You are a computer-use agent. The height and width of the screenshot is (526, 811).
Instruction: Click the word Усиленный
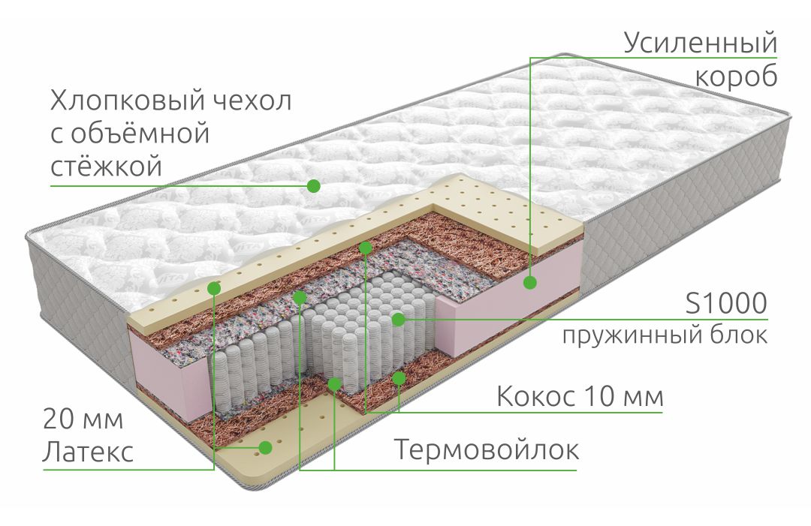click(x=701, y=43)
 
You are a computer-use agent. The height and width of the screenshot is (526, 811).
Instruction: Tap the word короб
click(x=736, y=77)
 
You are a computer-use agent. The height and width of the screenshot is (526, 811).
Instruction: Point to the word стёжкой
click(x=106, y=167)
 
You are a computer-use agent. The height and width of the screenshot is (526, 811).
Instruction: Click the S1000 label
click(x=726, y=303)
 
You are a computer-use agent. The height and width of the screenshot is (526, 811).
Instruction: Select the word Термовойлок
click(x=487, y=449)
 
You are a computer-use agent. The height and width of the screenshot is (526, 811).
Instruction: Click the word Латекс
click(x=89, y=452)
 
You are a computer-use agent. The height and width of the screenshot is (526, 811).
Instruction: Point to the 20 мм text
click(x=83, y=419)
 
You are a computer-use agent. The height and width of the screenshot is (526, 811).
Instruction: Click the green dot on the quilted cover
click(x=313, y=186)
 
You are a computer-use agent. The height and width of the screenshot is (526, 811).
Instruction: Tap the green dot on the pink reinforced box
click(x=529, y=283)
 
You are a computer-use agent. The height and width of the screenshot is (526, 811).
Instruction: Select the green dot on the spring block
click(x=398, y=320)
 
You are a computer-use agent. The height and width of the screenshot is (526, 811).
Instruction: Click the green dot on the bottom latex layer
click(x=265, y=447)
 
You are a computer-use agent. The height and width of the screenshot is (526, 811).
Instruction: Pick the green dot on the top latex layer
click(x=214, y=288)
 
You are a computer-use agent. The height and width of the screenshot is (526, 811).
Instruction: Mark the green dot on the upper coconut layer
click(x=366, y=248)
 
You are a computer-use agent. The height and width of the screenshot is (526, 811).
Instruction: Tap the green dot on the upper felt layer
click(x=299, y=297)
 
